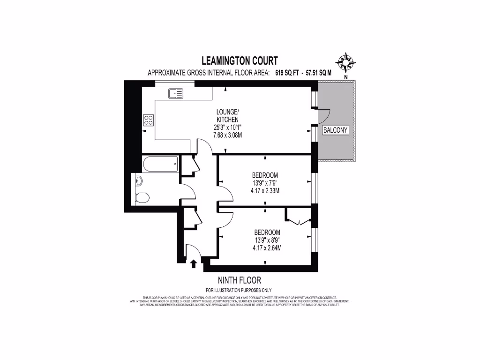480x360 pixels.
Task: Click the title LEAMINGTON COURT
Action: (240, 60)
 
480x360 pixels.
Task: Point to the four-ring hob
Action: (149, 120)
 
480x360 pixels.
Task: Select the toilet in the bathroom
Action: (141, 198)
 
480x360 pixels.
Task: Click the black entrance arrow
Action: (194, 264)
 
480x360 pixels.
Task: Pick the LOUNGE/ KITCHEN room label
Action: (227, 116)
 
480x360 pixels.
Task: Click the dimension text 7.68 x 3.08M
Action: (227, 135)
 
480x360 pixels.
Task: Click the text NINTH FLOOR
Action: (240, 280)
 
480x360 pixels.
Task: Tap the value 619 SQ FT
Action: (286, 73)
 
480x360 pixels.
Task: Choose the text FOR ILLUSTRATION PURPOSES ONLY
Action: (239, 290)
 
